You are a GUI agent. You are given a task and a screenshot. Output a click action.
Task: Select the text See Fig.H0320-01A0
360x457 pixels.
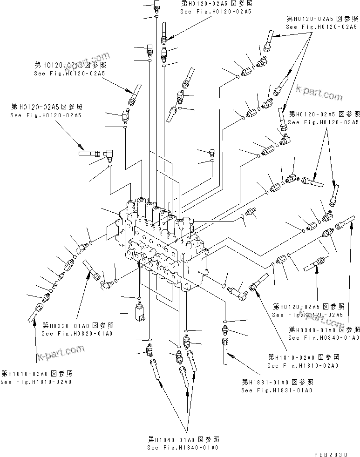point(77,333)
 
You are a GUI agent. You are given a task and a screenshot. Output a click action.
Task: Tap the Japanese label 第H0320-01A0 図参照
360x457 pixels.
point(78,325)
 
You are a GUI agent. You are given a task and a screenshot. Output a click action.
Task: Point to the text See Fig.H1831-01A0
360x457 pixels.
point(277,390)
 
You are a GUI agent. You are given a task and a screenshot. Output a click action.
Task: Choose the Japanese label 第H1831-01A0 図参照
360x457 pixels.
point(277,382)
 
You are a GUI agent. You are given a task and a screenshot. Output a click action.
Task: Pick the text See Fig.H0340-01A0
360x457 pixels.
point(323,337)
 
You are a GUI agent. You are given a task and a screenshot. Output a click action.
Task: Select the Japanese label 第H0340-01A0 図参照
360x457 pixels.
point(324,329)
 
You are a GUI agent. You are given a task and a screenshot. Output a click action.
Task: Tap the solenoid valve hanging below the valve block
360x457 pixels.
point(139,311)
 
